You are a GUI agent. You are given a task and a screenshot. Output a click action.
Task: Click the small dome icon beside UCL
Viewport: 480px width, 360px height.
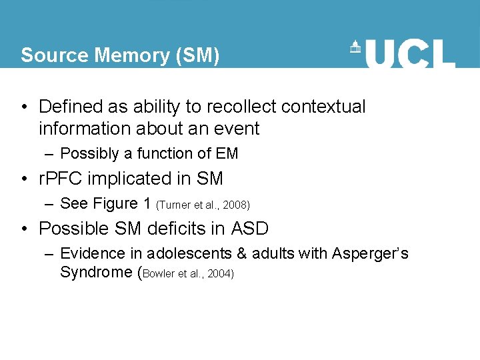tap(356, 47)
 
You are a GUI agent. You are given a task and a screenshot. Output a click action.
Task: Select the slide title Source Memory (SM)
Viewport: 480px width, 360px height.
tap(120, 55)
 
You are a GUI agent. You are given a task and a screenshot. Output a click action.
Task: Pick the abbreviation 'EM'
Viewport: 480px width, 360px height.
tap(227, 154)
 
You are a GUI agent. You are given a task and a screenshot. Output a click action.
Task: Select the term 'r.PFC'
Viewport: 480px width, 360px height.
tap(63, 179)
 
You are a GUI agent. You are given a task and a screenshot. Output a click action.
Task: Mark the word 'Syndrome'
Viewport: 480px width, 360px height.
tap(96, 272)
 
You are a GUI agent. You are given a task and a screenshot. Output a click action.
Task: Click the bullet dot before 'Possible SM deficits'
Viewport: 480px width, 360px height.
tap(24, 229)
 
